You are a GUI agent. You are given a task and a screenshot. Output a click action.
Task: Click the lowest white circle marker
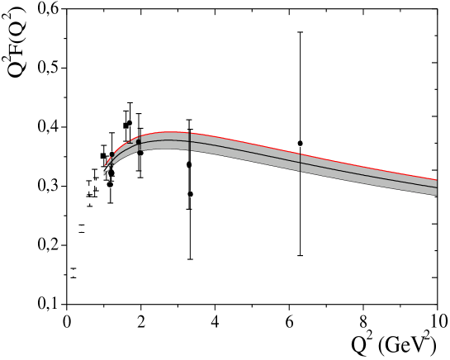click(x=73, y=272)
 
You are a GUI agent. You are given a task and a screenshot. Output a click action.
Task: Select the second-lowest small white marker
click(x=81, y=228)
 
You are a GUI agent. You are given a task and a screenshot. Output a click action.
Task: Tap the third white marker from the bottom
click(x=89, y=201)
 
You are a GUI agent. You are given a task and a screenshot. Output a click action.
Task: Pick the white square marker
click(x=89, y=188)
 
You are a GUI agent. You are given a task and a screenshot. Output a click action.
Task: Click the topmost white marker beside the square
click(x=96, y=183)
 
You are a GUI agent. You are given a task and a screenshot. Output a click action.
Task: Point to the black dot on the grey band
click(x=139, y=142)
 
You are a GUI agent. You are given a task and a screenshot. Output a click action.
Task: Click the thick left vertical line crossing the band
click(x=190, y=141)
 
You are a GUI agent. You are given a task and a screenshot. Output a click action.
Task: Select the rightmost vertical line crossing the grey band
click(x=301, y=163)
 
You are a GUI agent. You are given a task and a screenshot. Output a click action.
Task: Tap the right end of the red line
click(x=436, y=179)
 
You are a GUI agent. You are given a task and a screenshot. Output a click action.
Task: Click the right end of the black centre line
click(x=436, y=187)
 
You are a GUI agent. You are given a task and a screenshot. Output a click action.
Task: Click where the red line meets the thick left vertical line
click(x=190, y=133)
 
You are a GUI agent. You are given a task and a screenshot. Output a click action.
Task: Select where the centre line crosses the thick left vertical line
click(x=190, y=141)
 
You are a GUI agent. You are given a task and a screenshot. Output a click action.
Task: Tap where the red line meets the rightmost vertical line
click(x=301, y=154)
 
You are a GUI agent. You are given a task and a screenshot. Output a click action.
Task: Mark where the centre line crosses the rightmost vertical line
click(x=301, y=163)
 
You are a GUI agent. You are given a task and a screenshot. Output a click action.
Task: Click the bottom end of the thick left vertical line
click(x=190, y=150)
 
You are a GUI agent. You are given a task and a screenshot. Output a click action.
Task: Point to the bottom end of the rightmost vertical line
click(x=301, y=172)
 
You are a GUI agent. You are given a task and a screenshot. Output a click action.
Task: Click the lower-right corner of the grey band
click(x=436, y=196)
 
